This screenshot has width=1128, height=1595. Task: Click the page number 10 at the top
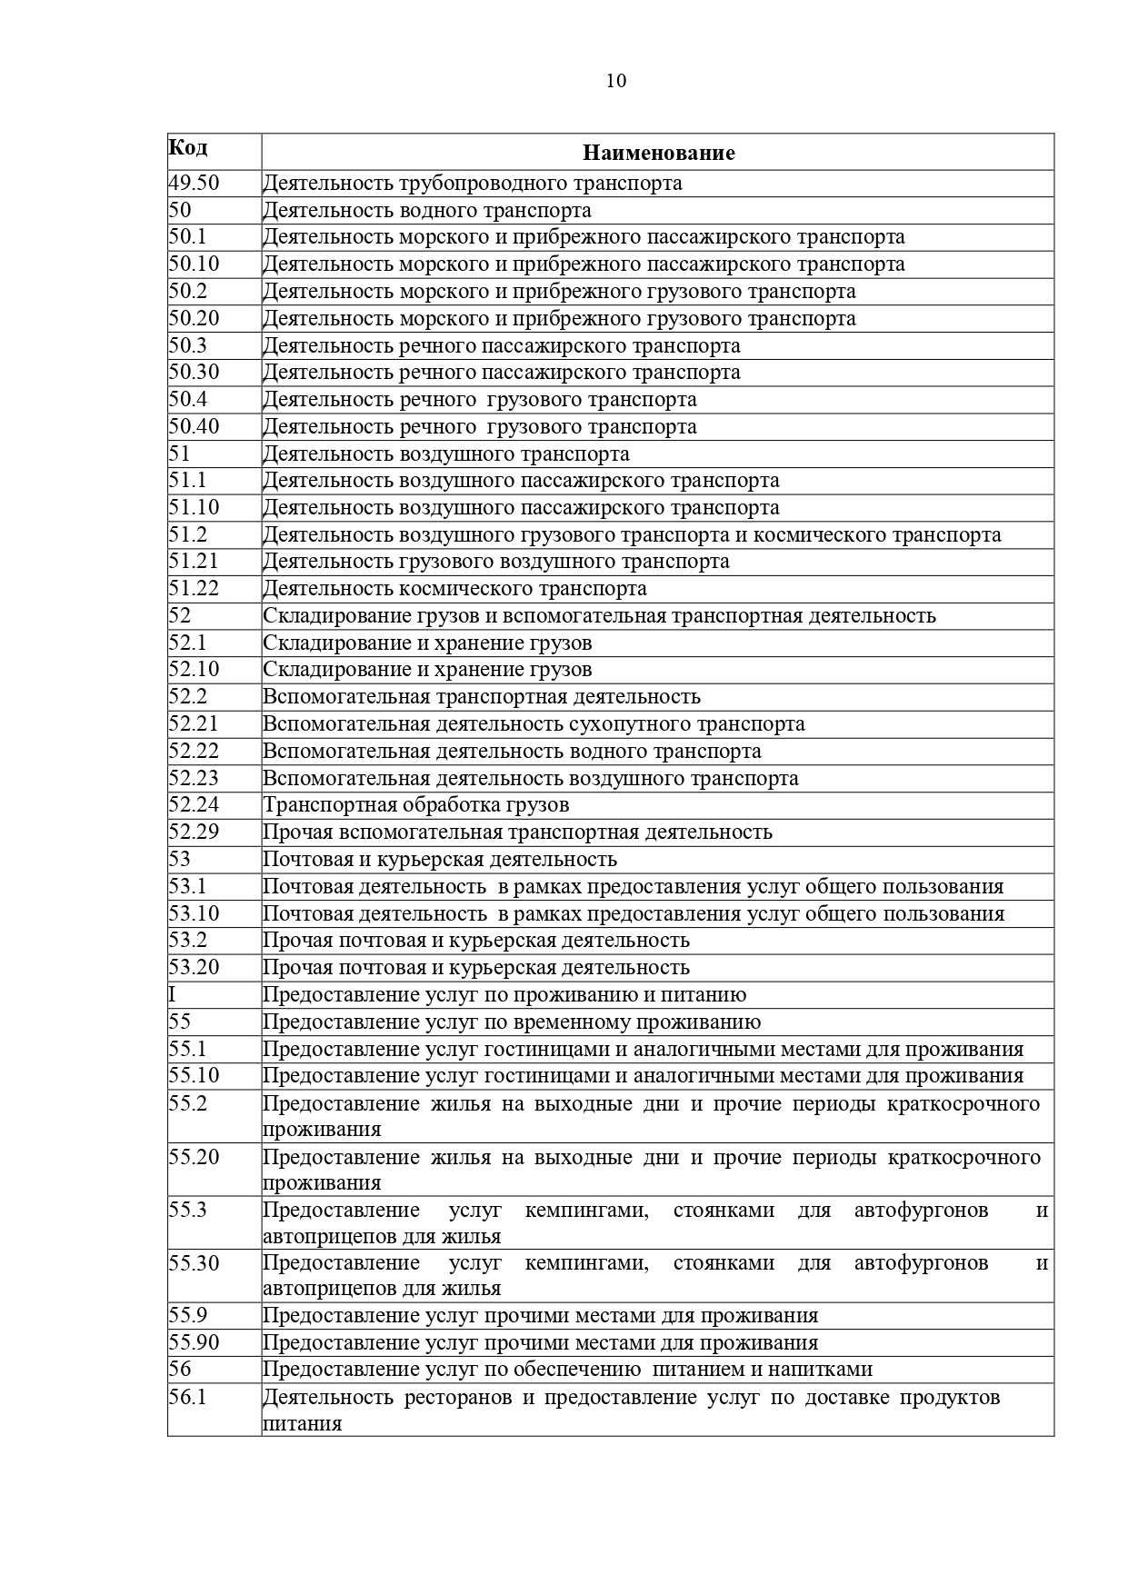pyautogui.click(x=615, y=81)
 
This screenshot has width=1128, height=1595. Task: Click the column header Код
pyautogui.click(x=188, y=147)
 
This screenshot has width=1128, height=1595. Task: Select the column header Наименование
pyautogui.click(x=658, y=153)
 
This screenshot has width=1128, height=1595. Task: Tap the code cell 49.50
pyautogui.click(x=195, y=183)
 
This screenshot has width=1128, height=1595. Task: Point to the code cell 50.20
pyautogui.click(x=195, y=318)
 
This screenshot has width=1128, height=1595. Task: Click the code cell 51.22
pyautogui.click(x=195, y=588)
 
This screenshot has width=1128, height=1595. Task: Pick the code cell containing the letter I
pyautogui.click(x=173, y=994)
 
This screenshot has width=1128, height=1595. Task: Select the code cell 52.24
pyautogui.click(x=195, y=804)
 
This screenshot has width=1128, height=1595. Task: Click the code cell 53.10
pyautogui.click(x=195, y=913)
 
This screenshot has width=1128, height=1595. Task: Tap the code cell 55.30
pyautogui.click(x=195, y=1262)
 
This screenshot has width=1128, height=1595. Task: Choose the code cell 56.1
pyautogui.click(x=187, y=1397)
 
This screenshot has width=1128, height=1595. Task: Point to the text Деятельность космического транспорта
pyautogui.click(x=454, y=589)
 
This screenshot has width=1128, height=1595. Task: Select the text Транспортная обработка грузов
pyautogui.click(x=416, y=805)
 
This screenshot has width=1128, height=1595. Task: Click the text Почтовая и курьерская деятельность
pyautogui.click(x=440, y=860)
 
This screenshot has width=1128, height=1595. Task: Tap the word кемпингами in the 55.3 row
pyautogui.click(x=586, y=1211)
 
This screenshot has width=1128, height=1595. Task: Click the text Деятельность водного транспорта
pyautogui.click(x=427, y=211)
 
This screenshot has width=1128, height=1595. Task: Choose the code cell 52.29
pyautogui.click(x=195, y=832)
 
